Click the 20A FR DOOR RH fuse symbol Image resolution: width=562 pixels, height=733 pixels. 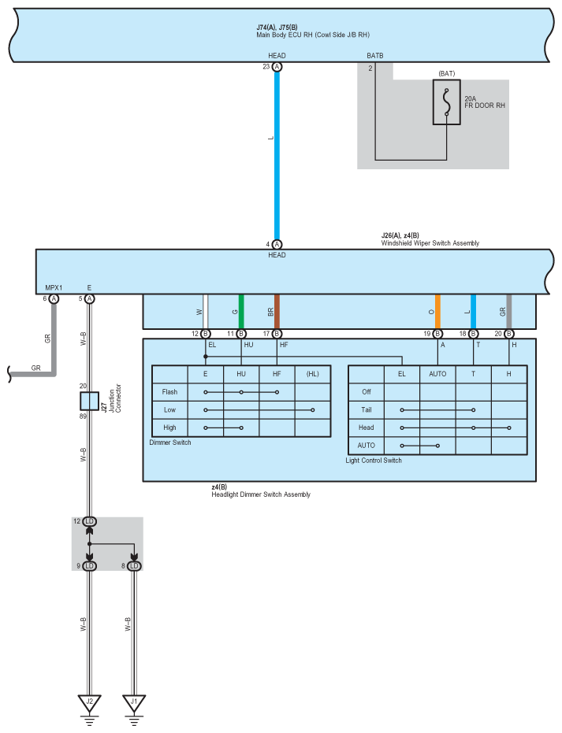(446, 102)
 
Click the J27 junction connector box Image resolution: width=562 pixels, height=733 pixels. (89, 401)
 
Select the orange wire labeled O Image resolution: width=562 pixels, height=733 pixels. (437, 312)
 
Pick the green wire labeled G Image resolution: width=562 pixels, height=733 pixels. (241, 312)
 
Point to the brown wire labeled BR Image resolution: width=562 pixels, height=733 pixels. (277, 312)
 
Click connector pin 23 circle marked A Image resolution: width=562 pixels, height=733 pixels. (277, 68)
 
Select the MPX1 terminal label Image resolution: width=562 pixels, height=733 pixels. (54, 287)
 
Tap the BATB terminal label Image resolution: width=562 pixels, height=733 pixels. (375, 56)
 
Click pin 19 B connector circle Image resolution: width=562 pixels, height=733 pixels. (437, 334)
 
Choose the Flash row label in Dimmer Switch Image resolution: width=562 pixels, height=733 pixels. (169, 391)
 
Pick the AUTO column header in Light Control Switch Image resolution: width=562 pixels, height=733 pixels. (437, 374)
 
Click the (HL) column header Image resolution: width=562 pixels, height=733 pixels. (313, 374)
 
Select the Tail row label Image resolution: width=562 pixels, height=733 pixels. (366, 409)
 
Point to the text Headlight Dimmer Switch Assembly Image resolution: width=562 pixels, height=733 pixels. (260, 494)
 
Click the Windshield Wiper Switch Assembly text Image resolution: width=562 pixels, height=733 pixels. (430, 243)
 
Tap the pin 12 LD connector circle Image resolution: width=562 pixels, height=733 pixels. (89, 522)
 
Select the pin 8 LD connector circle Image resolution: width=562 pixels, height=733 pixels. (134, 565)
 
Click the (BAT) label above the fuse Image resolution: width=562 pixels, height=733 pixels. (447, 73)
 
